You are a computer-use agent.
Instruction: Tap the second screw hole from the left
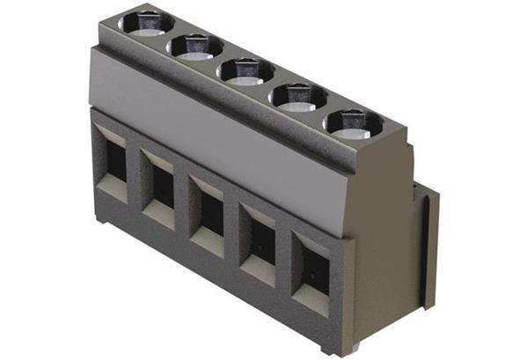(195, 45)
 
